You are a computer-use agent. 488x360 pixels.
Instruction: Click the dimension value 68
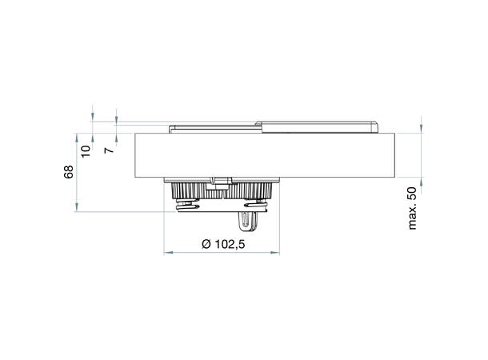pyautogui.click(x=70, y=171)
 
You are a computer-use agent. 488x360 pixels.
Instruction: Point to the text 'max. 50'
pyautogui.click(x=413, y=207)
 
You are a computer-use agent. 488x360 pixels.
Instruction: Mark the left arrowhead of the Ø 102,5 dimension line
pyautogui.click(x=166, y=254)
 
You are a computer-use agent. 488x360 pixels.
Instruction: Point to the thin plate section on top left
pyautogui.click(x=212, y=126)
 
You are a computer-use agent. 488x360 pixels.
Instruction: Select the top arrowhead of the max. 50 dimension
pyautogui.click(x=420, y=130)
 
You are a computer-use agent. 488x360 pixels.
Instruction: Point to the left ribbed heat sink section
pyautogui.click(x=186, y=190)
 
